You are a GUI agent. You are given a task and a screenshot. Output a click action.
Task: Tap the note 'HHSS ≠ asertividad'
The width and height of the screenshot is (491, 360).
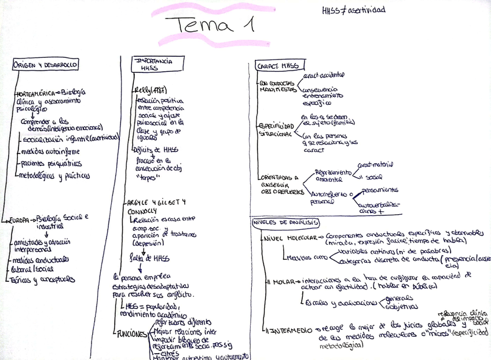tap(353, 10)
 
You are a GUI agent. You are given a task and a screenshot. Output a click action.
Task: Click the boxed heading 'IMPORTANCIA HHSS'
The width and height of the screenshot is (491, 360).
tap(152, 64)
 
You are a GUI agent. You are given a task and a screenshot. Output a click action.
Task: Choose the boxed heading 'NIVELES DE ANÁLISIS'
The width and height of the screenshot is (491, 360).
tap(285, 223)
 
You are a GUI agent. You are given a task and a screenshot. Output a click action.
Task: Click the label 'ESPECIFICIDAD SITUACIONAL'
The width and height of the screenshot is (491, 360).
tap(276, 129)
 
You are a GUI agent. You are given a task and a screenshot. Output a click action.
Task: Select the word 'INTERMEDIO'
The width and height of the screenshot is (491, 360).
tap(292, 330)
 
